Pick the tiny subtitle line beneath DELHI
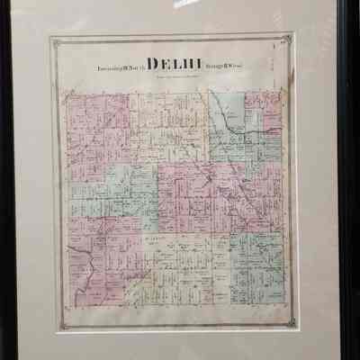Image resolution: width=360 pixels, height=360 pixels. (x=180, y=76)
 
